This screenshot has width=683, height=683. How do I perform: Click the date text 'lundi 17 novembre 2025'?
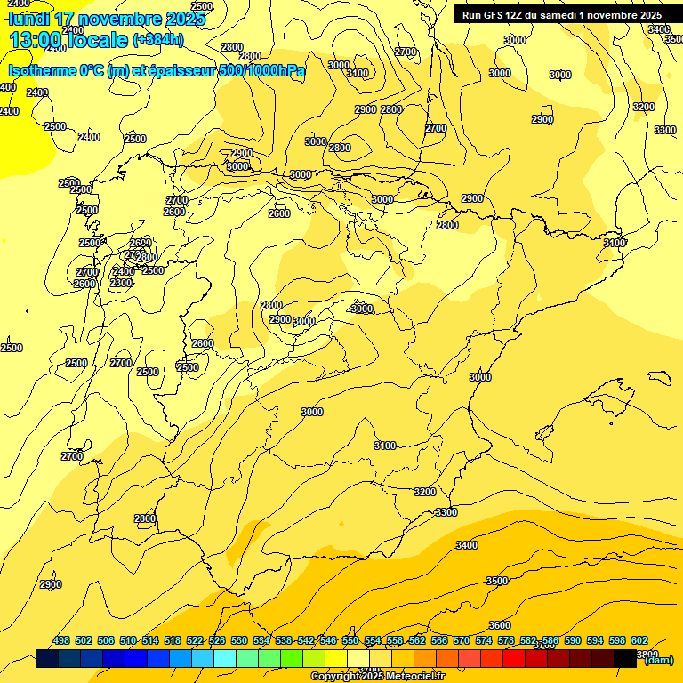point(107,20)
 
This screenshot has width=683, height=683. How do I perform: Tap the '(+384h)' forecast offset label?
point(158,40)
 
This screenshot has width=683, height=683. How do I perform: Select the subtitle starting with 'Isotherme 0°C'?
point(157,71)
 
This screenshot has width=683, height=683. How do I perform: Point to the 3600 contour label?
point(500,625)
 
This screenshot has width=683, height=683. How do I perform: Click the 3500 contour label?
point(497,581)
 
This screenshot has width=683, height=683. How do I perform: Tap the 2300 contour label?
point(121,283)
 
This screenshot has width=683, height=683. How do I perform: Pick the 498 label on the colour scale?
point(61,641)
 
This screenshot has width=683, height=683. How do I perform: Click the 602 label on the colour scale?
point(639,641)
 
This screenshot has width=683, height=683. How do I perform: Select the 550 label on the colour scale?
point(350,641)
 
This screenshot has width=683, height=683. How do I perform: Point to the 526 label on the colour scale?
point(217,641)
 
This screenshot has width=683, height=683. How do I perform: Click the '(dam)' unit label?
point(658,660)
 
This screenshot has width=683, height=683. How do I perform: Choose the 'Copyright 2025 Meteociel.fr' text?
point(377,677)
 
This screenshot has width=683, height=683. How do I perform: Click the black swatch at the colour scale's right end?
point(625,659)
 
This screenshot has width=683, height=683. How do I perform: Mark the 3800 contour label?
point(647,654)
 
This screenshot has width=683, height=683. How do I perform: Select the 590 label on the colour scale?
point(573,641)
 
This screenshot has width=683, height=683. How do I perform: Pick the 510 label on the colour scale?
point(128,641)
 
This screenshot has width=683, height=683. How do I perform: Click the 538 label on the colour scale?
point(284,641)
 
